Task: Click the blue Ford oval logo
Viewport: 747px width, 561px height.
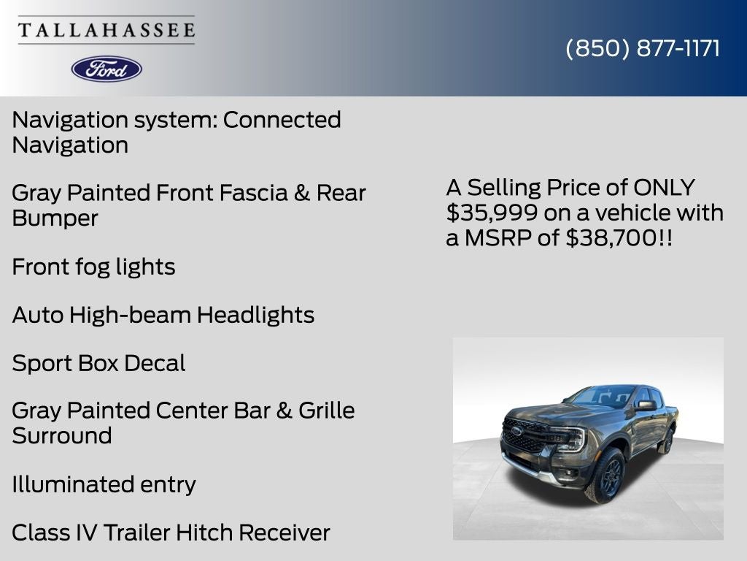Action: [107, 69]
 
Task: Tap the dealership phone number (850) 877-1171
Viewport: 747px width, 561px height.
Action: [643, 48]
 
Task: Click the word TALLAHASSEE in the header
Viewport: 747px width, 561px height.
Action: [107, 30]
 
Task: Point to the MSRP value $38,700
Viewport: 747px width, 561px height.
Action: [611, 237]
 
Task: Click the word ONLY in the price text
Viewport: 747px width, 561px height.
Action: [664, 188]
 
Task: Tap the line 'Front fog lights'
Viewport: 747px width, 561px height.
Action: [93, 267]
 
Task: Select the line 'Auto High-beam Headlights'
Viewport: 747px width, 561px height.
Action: [163, 315]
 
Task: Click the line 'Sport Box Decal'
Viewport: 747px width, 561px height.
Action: [98, 363]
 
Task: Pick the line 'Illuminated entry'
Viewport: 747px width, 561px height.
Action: [104, 484]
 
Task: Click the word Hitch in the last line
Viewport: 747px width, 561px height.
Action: [204, 533]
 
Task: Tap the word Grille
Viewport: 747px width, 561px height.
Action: [326, 411]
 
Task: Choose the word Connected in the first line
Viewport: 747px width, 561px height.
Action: [282, 120]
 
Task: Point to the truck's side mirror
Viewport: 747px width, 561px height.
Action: [645, 405]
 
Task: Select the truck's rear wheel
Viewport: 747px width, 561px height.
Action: [667, 440]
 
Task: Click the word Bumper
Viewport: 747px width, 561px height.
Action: [55, 218]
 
